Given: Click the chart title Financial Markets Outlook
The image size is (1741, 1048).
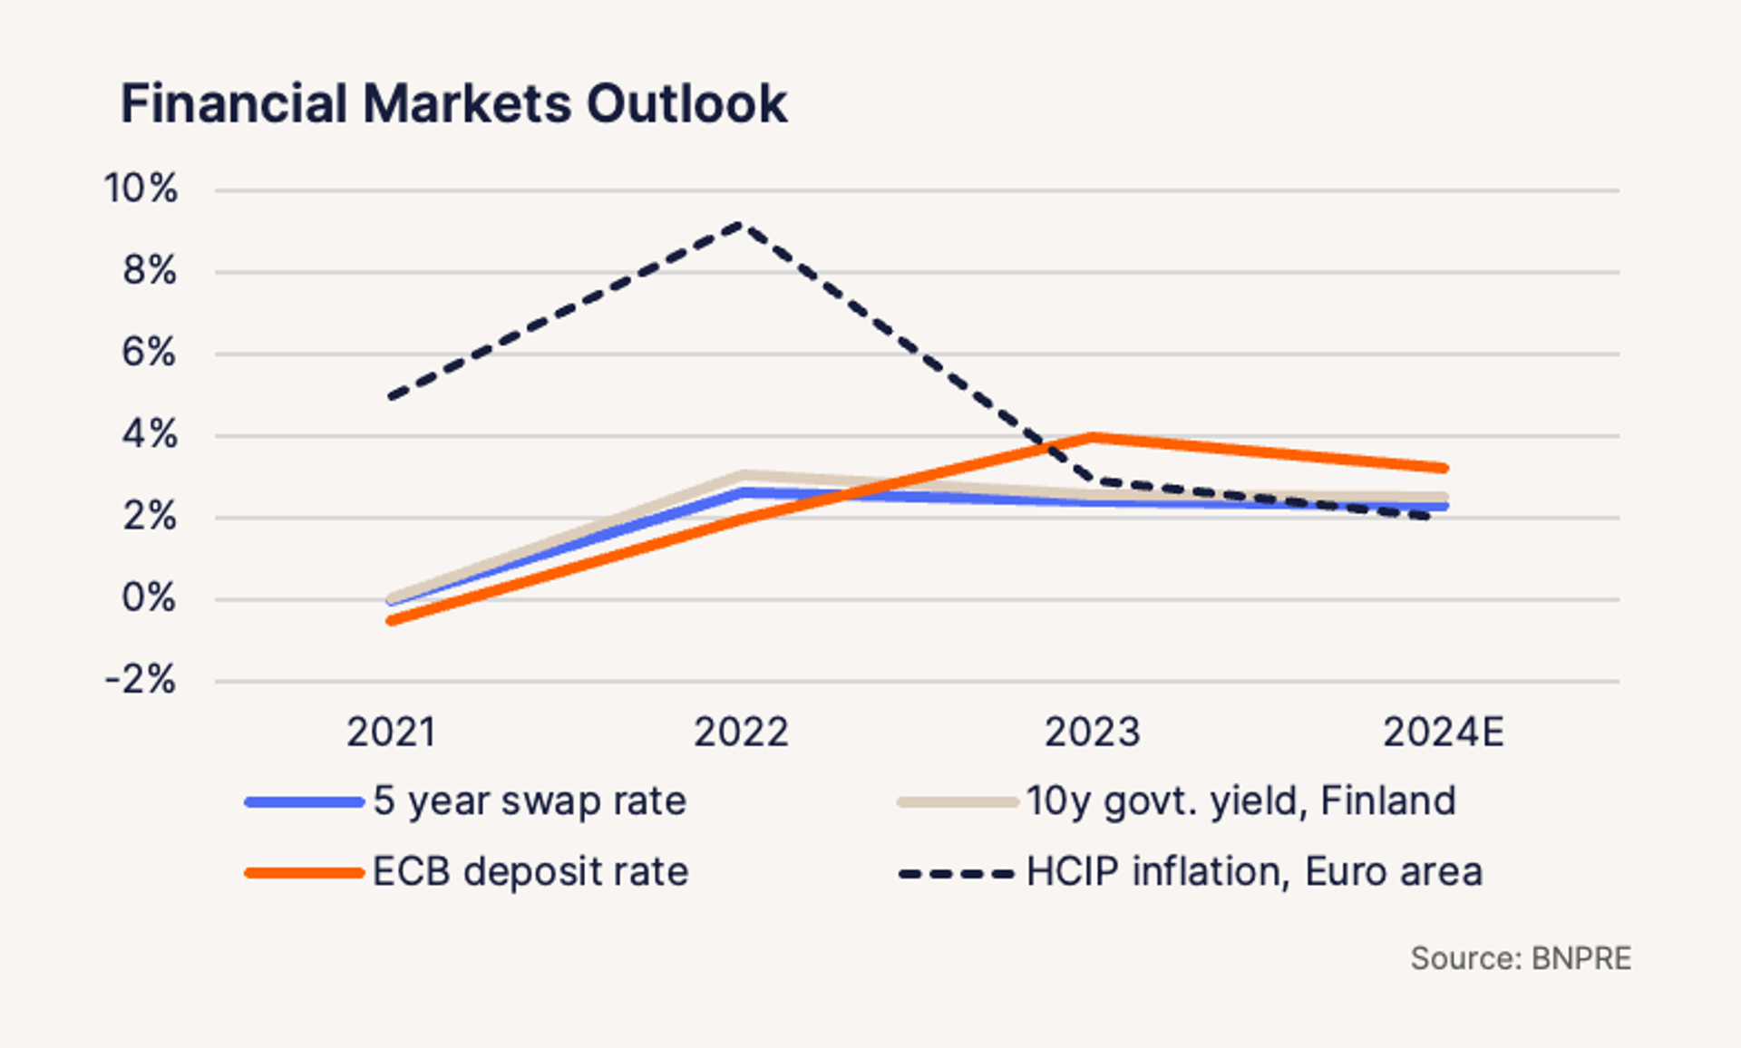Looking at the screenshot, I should (453, 103).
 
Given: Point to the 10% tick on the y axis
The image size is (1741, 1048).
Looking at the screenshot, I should (141, 189).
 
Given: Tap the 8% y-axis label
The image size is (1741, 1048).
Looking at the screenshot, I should (150, 270).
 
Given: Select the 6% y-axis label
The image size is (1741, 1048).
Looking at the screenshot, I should (149, 352).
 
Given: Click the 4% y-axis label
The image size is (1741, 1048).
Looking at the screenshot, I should (150, 434).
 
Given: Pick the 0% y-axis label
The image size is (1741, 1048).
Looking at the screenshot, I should (149, 598).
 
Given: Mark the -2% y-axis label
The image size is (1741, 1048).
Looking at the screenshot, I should (141, 679).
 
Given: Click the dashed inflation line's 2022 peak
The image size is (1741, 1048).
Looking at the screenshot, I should (742, 224).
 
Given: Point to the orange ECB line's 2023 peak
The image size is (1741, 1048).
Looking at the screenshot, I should (1093, 437).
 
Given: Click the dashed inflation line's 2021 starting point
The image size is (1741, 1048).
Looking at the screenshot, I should (391, 396).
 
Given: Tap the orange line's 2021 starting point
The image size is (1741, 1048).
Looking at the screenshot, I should (391, 621).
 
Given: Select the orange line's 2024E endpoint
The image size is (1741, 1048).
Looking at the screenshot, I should (1444, 469).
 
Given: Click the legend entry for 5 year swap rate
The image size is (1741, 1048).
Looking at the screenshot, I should (530, 801).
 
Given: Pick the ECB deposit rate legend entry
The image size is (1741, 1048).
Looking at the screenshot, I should (530, 872).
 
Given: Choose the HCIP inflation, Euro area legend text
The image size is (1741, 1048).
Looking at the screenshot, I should (1254, 872).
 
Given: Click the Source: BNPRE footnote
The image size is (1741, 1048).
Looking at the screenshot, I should (1521, 959).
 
